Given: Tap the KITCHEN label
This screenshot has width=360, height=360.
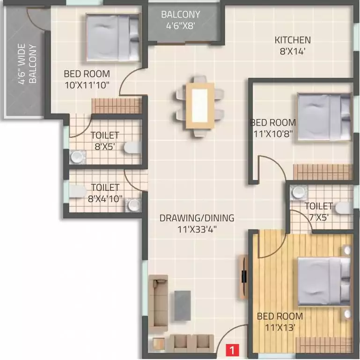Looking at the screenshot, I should click(292, 40).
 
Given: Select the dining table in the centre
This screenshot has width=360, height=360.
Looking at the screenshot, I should click(200, 105).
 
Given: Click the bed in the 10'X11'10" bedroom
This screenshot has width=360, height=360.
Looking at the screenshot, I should click(113, 37).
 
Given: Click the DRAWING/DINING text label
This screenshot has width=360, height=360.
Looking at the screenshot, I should click(197, 218).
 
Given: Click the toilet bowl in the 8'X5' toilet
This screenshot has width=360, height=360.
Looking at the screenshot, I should click(132, 148).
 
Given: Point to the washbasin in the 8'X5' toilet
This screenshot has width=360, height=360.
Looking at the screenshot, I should click(75, 157).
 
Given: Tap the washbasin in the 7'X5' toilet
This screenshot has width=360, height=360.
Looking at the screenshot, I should click(296, 192).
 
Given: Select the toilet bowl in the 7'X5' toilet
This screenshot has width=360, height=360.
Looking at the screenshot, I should click(344, 208).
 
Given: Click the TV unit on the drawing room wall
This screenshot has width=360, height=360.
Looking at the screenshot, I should click(243, 277).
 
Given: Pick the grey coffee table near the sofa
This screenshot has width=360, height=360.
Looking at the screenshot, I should click(182, 306).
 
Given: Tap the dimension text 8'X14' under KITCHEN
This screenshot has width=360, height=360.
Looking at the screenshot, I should click(292, 52).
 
